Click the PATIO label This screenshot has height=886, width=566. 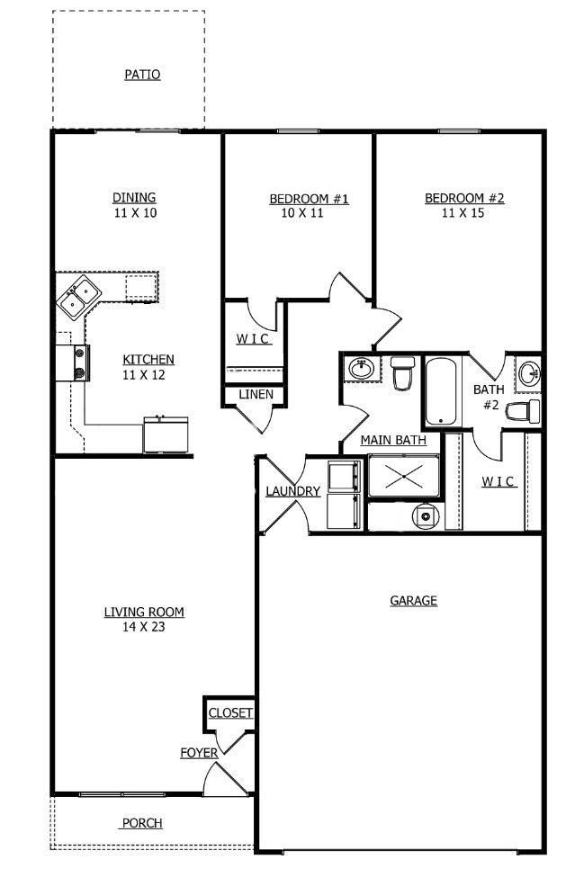click(142, 75)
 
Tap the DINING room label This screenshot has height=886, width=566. click(134, 198)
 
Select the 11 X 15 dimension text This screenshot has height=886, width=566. click(464, 213)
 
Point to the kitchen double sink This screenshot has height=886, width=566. click(78, 296)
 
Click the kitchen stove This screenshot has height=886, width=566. click(74, 362)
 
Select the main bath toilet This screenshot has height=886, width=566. click(402, 371)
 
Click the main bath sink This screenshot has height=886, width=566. click(362, 369)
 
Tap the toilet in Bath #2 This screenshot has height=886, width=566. click(524, 412)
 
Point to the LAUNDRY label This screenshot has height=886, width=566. click(292, 491)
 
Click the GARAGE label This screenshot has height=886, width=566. click(413, 600)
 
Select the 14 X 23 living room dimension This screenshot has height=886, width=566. click(144, 628)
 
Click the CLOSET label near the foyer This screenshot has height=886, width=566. click(230, 713)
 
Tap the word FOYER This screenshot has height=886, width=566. click(198, 753)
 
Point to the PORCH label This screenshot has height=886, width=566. click(142, 823)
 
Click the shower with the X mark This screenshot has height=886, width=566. click(403, 477)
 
